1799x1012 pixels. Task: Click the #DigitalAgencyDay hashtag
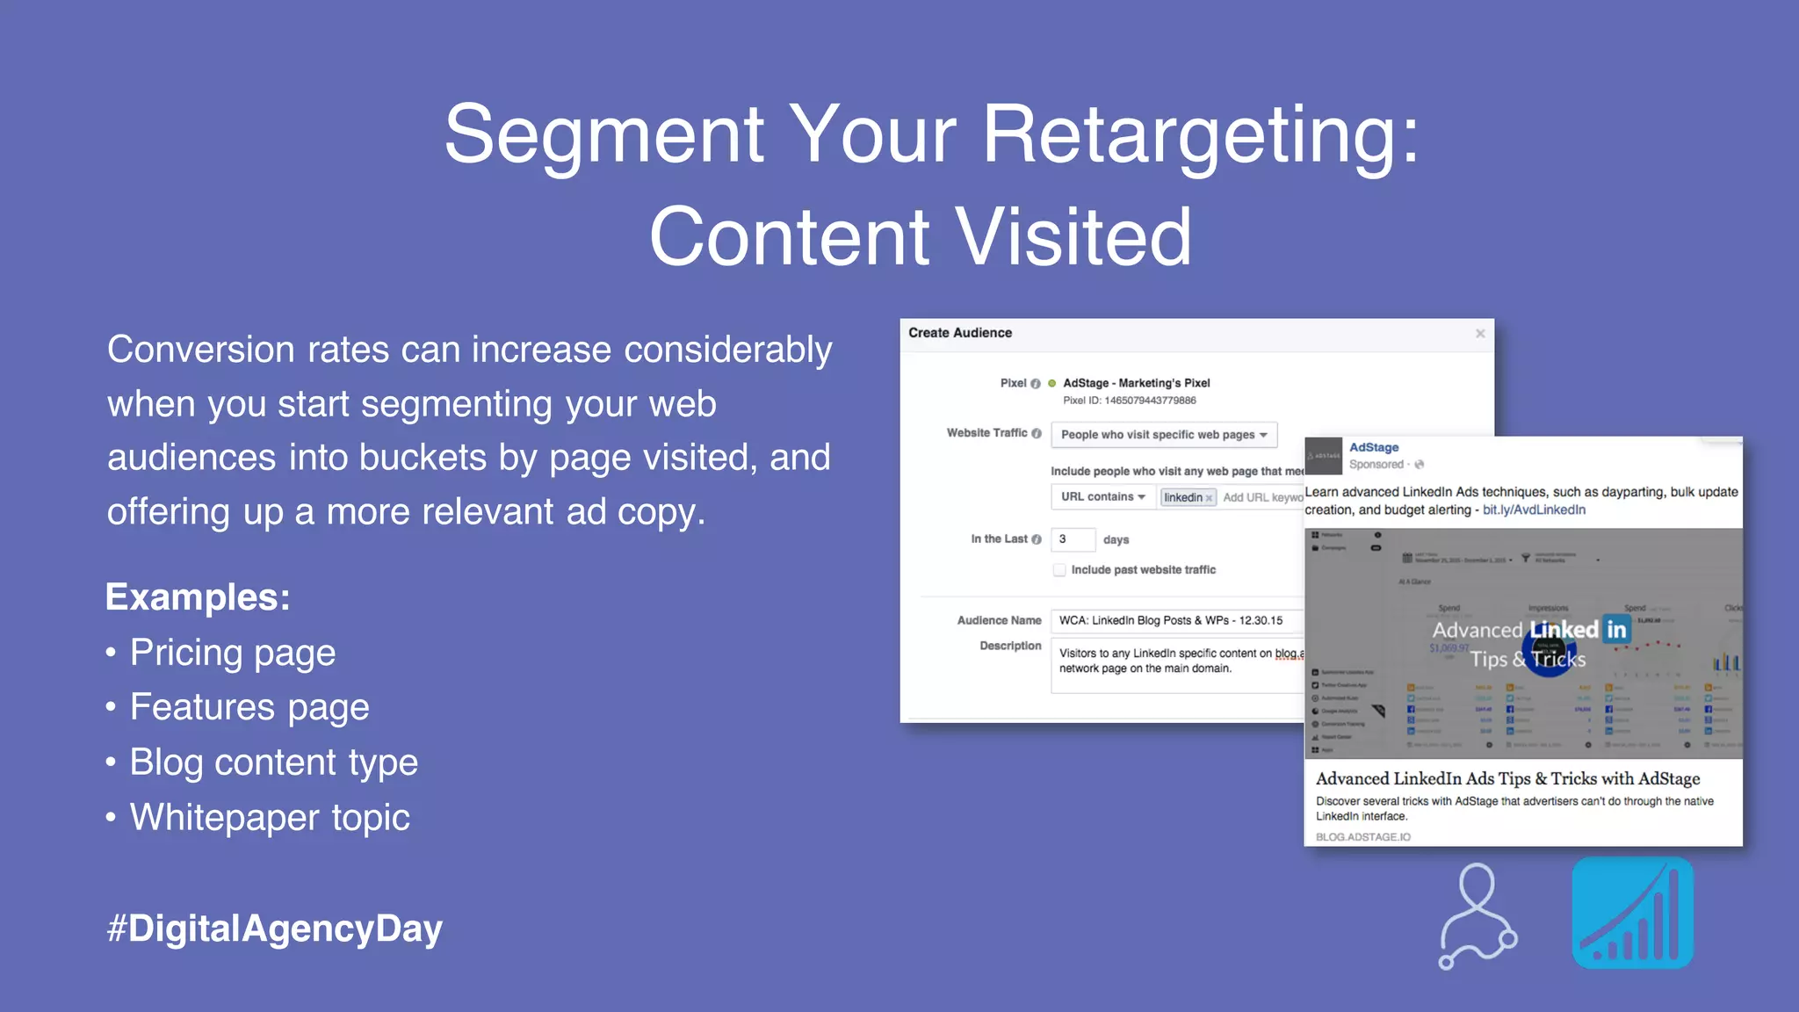coord(274,929)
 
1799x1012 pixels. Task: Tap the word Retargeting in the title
coord(1199,135)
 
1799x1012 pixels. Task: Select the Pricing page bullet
coord(233,653)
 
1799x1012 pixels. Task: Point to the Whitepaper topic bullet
coord(270,818)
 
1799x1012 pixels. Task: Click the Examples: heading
coord(198,597)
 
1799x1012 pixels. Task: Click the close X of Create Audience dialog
coord(1480,334)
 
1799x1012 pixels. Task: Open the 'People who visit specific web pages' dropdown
coord(1163,435)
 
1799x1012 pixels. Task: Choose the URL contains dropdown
coord(1102,497)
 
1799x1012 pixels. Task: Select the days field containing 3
coord(1073,539)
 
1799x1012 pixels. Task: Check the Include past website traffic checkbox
coord(1059,570)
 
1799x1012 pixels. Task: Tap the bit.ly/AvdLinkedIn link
coord(1534,510)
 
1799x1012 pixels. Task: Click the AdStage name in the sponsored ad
coord(1374,447)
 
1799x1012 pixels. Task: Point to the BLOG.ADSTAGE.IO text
coord(1362,837)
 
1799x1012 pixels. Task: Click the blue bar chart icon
coord(1632,914)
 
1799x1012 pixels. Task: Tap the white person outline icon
coord(1477,915)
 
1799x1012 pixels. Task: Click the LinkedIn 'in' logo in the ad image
coord(1616,629)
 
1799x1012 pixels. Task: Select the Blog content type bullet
coord(273,763)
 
